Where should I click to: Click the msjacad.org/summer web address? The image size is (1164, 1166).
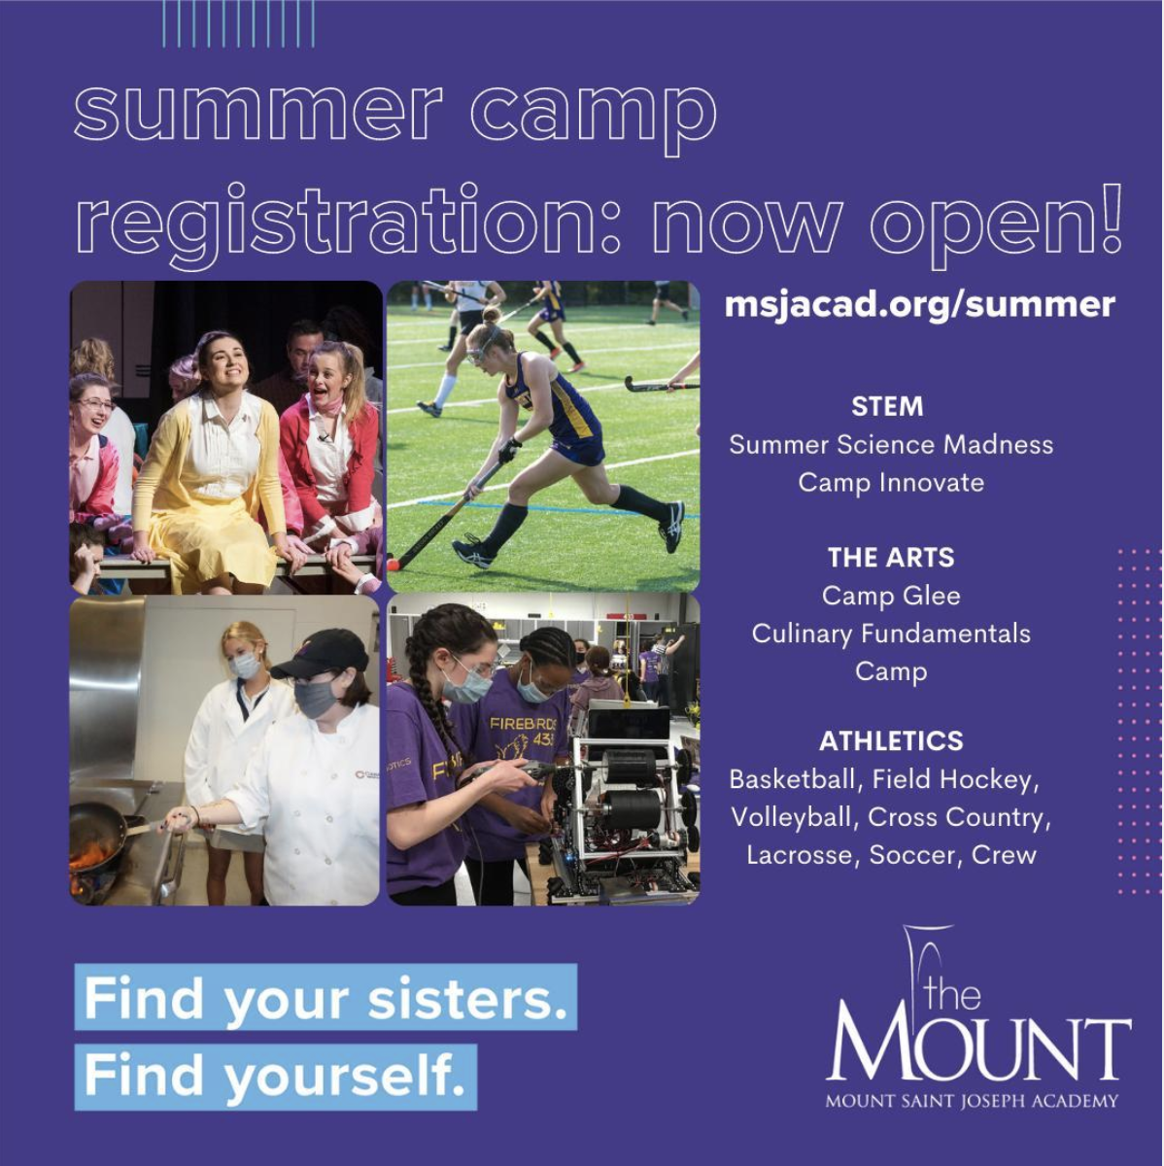pos(919,304)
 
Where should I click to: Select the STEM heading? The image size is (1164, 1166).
pos(887,406)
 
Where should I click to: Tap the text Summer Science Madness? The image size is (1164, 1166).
pos(891,445)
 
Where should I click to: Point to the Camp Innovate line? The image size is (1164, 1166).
pos(891,483)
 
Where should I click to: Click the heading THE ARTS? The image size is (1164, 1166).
pos(891,558)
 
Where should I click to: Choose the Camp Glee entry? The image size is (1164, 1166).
pos(891,596)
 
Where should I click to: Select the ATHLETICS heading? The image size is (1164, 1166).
pos(891,741)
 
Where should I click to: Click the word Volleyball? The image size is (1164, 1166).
pos(790,817)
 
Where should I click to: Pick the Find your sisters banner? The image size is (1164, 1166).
pos(325,998)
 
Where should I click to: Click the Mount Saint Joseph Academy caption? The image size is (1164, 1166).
pos(972,1101)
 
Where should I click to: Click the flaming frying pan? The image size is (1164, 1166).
pos(95,838)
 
